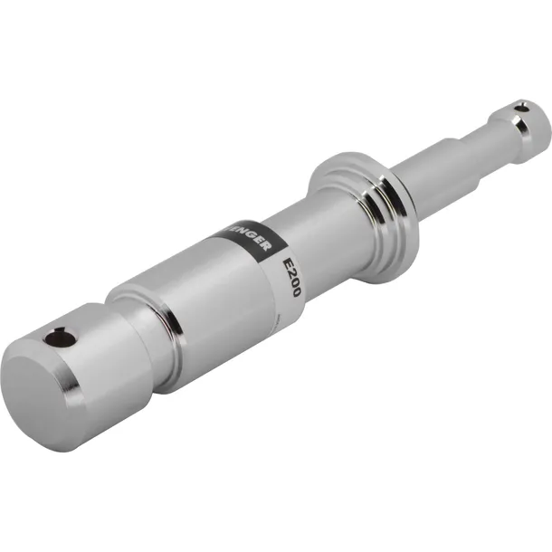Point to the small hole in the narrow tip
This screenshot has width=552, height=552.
pyautogui.click(x=520, y=109)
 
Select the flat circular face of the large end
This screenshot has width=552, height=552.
pyautogui.click(x=41, y=399)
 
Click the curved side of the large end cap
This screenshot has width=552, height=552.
pyautogui.click(x=109, y=362)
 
